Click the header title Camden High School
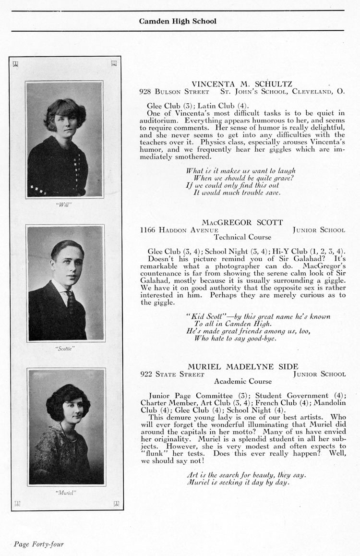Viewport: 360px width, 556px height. point(178,21)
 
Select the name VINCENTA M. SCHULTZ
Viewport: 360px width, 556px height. point(241,83)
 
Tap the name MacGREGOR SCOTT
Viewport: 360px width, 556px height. point(242,222)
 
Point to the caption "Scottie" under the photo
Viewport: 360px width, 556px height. point(65,349)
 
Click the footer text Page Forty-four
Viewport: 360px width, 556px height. point(38,544)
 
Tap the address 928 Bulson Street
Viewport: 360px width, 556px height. point(174,91)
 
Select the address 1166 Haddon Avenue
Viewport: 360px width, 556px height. point(172,230)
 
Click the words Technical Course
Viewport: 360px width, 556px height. point(242,237)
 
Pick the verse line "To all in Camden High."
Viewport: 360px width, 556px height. point(226,324)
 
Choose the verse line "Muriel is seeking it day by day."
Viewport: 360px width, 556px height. point(238,483)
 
